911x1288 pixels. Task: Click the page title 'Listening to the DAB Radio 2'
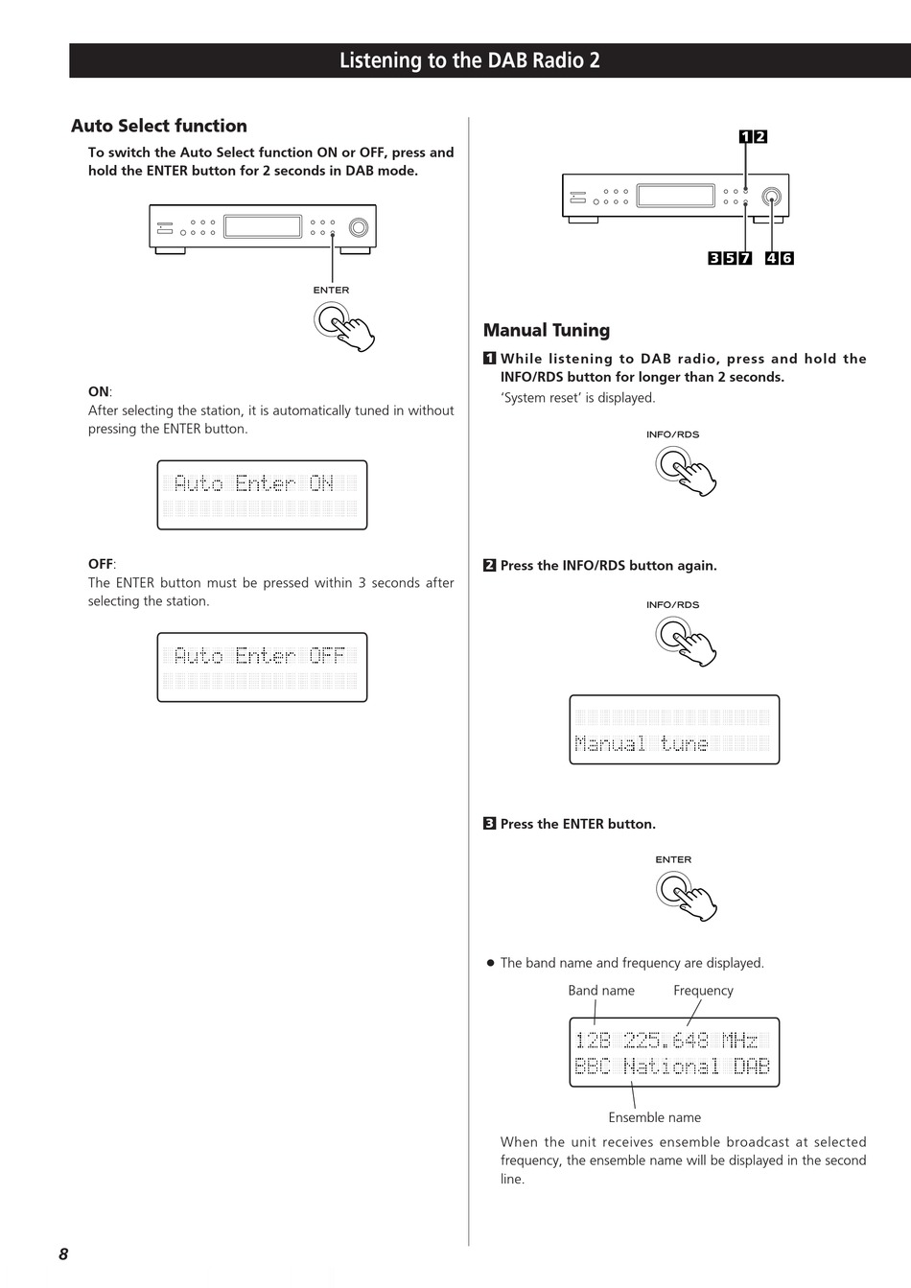pyautogui.click(x=469, y=60)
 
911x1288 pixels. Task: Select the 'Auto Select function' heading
pyautogui.click(x=159, y=126)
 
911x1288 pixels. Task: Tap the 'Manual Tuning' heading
pyautogui.click(x=547, y=330)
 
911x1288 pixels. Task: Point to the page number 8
pyautogui.click(x=63, y=1253)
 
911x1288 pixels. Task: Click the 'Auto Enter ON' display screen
pyautogui.click(x=262, y=495)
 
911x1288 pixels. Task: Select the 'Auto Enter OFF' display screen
pyautogui.click(x=262, y=667)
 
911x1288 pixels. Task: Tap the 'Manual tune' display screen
pyautogui.click(x=674, y=730)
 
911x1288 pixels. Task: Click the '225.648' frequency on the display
pyautogui.click(x=666, y=1041)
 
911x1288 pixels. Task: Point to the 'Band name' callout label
pyautogui.click(x=601, y=991)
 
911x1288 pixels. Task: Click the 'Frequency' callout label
pyautogui.click(x=703, y=991)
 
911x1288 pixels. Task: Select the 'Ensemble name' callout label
pyautogui.click(x=654, y=1117)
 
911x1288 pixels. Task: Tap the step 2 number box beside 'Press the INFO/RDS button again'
pyautogui.click(x=489, y=566)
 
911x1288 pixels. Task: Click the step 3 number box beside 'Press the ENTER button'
pyautogui.click(x=489, y=824)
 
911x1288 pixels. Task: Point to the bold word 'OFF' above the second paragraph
pyautogui.click(x=100, y=564)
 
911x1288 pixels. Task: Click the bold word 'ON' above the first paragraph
pyautogui.click(x=99, y=391)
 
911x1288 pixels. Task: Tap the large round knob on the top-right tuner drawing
pyautogui.click(x=771, y=199)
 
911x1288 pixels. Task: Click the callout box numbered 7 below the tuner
pyautogui.click(x=745, y=258)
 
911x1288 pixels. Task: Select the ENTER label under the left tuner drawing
pyautogui.click(x=331, y=290)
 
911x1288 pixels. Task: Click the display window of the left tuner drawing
pyautogui.click(x=263, y=226)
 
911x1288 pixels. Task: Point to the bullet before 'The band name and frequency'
pyautogui.click(x=490, y=963)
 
